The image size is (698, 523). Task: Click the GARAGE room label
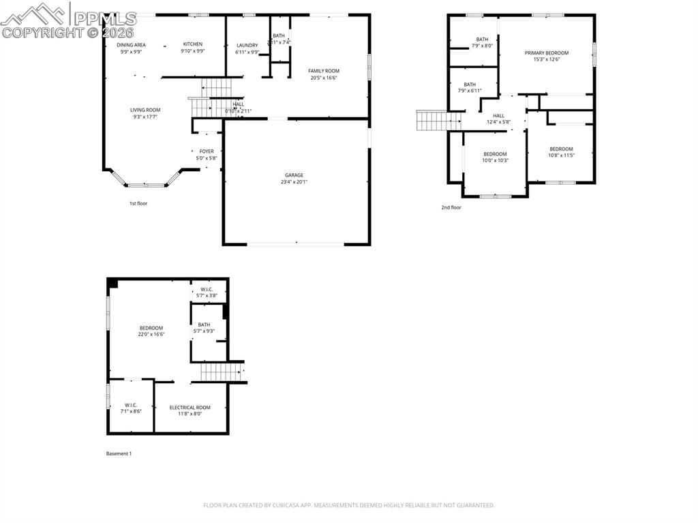pyautogui.click(x=294, y=175)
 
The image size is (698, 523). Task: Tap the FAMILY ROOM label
pyautogui.click(x=324, y=71)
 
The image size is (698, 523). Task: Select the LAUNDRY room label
pyautogui.click(x=247, y=46)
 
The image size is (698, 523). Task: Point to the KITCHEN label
pyautogui.click(x=193, y=44)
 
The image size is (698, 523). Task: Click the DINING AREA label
pyautogui.click(x=131, y=45)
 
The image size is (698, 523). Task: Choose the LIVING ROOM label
pyautogui.click(x=145, y=110)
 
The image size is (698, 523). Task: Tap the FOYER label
pyautogui.click(x=207, y=151)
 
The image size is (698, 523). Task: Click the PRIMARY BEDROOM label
pyautogui.click(x=546, y=53)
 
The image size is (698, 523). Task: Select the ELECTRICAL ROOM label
pyautogui.click(x=190, y=408)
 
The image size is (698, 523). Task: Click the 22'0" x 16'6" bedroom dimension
pyautogui.click(x=151, y=334)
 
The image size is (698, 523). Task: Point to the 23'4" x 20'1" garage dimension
pyautogui.click(x=294, y=182)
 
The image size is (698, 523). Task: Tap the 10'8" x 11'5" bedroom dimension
pyautogui.click(x=562, y=155)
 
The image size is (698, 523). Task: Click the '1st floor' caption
pyautogui.click(x=138, y=203)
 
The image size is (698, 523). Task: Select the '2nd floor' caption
pyautogui.click(x=451, y=207)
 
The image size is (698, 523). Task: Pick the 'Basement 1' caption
pyautogui.click(x=119, y=453)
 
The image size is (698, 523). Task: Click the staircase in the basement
pyautogui.click(x=220, y=372)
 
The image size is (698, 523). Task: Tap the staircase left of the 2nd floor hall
pyautogui.click(x=431, y=121)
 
